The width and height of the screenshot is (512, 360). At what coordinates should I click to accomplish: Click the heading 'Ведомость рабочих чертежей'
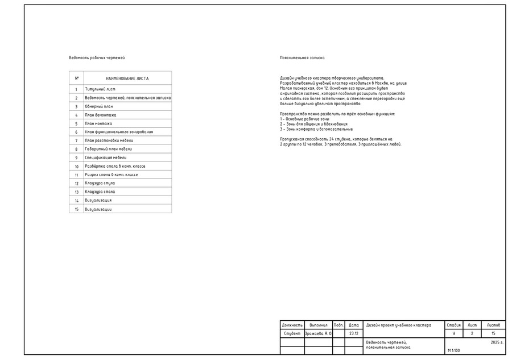(x=97, y=58)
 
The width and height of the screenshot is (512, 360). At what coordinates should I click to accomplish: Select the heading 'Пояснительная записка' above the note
(x=302, y=58)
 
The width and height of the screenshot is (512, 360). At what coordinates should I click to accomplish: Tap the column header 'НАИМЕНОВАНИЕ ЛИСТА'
(x=127, y=78)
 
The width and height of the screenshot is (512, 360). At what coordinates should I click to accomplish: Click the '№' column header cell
(x=76, y=78)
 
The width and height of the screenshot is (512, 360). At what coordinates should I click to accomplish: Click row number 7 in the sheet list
(x=76, y=140)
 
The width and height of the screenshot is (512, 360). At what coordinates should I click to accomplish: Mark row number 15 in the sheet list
(x=76, y=209)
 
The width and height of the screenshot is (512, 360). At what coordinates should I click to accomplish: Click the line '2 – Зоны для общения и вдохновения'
(x=313, y=124)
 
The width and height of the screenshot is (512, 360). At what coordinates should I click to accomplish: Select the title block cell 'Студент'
(x=292, y=334)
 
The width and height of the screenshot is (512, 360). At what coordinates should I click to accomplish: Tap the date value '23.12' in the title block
(x=354, y=334)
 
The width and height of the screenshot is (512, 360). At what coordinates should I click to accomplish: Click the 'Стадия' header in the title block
(x=454, y=325)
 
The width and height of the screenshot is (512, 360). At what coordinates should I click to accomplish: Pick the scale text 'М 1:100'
(x=455, y=351)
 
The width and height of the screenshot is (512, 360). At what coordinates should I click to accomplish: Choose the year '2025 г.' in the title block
(x=497, y=343)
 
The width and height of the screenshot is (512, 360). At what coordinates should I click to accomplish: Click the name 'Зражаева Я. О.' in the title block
(x=319, y=334)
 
